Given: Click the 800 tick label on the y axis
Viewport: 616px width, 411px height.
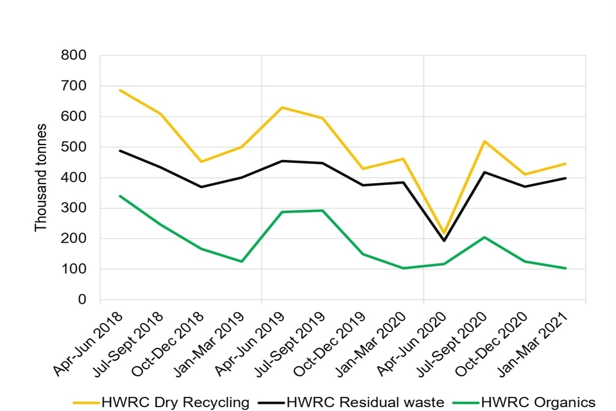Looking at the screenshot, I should [x=73, y=56].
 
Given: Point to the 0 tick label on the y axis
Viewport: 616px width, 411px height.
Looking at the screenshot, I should [x=81, y=300].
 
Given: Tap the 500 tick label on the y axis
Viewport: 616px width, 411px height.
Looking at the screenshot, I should [x=73, y=147].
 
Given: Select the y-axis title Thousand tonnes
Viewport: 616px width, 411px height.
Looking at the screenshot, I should [x=41, y=178].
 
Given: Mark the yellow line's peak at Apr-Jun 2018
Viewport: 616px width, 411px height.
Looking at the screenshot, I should [x=120, y=91].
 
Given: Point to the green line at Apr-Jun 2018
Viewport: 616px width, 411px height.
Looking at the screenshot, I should [x=120, y=196].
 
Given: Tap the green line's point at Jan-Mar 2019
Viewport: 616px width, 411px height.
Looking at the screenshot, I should [x=242, y=261].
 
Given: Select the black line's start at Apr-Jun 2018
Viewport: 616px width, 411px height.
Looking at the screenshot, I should [x=120, y=151].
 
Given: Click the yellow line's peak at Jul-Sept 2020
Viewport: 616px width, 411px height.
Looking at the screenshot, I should [x=484, y=141].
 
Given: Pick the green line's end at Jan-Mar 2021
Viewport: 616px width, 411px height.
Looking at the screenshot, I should [x=565, y=268].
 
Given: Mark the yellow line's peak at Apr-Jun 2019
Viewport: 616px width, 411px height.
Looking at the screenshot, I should [x=282, y=107].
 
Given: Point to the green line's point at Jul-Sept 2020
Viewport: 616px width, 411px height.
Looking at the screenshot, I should [x=484, y=237].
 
